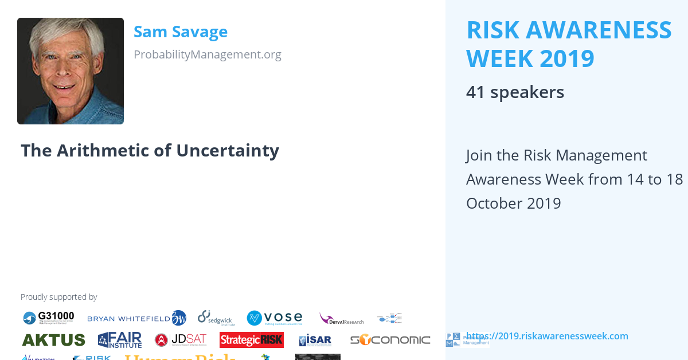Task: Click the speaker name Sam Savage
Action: tap(181, 32)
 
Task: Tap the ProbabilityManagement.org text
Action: tap(207, 54)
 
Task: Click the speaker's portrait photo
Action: tap(71, 71)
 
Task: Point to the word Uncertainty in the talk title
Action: tap(228, 150)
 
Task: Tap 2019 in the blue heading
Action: tap(565, 58)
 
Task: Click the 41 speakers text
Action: tap(515, 92)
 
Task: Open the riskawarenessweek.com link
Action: tap(547, 336)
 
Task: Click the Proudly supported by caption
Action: tap(58, 297)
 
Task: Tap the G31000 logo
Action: tap(49, 318)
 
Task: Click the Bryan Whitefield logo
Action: tap(136, 318)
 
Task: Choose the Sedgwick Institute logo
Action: tap(216, 318)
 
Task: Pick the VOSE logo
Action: tap(275, 318)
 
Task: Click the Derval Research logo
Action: tap(341, 318)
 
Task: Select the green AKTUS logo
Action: tap(54, 340)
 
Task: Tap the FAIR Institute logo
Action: tap(120, 340)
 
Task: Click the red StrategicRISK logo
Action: tap(251, 340)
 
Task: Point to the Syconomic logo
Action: tap(390, 340)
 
